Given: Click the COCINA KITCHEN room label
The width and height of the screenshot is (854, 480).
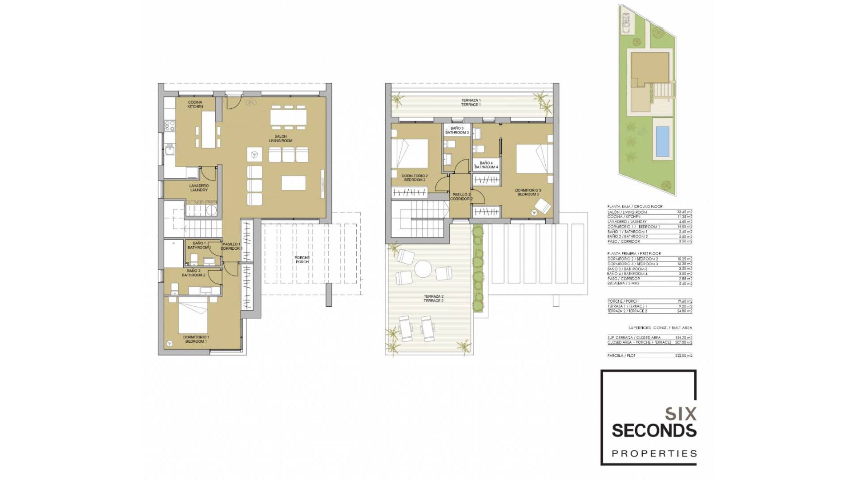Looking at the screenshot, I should (195, 104).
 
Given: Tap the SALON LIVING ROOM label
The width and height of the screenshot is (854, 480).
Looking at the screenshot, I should (281, 139).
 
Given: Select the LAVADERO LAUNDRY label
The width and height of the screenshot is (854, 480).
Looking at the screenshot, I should (199, 188).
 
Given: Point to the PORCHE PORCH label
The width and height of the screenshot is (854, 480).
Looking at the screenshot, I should (302, 260).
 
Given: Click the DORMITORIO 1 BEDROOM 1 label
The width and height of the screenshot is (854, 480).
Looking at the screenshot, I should (196, 340).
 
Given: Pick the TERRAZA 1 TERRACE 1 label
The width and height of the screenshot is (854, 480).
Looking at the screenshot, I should (471, 103).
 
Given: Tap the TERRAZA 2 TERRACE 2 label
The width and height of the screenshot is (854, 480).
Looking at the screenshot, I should (433, 299).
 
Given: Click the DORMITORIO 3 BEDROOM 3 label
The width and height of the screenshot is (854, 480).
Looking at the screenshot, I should (528, 192).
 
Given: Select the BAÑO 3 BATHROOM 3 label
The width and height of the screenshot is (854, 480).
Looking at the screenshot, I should (457, 130).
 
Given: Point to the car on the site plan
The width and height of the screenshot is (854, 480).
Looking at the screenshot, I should (626, 21).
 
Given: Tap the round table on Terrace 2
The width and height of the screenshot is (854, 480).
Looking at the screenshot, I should (423, 268).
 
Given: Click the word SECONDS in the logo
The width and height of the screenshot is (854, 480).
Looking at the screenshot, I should (654, 431).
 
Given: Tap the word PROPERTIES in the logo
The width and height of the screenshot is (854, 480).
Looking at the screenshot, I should (654, 454).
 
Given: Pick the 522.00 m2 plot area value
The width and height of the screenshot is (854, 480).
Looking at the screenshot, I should (684, 356).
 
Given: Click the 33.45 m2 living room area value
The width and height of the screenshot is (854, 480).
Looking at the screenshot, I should (684, 212).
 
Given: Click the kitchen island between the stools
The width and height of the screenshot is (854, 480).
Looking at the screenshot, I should (208, 129).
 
